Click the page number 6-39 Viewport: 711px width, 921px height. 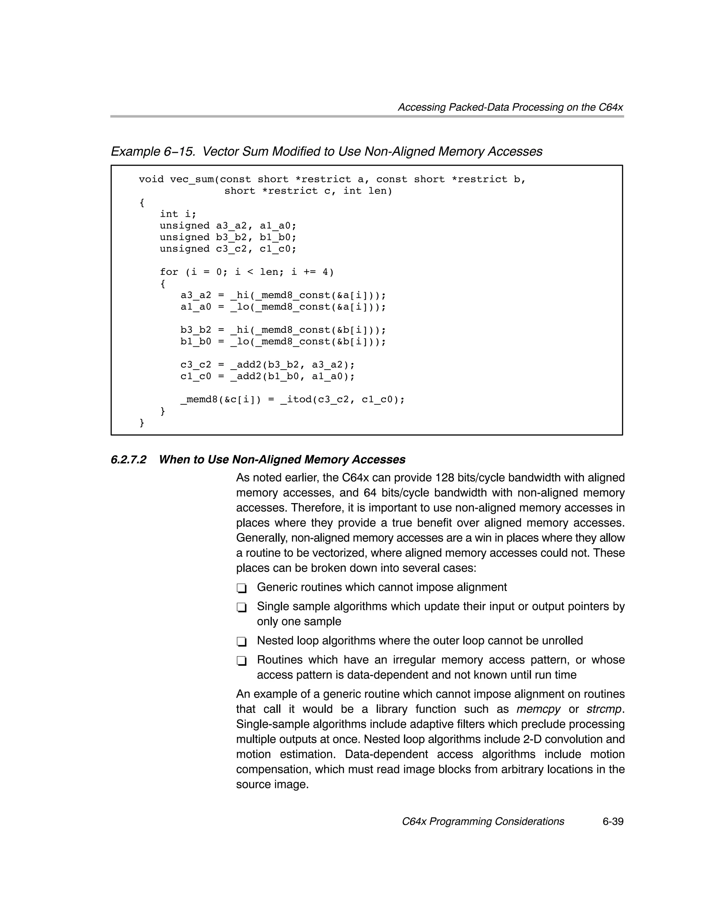coord(612,822)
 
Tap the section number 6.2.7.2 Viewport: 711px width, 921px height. coord(128,460)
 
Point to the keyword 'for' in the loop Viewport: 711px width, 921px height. coord(169,272)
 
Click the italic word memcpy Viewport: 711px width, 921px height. coord(538,709)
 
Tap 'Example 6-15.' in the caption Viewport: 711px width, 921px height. coord(152,151)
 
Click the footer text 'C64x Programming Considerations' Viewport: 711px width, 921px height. coord(483,822)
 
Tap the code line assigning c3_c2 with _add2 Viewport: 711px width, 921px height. coord(268,365)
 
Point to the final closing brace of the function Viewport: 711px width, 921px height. coord(142,422)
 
